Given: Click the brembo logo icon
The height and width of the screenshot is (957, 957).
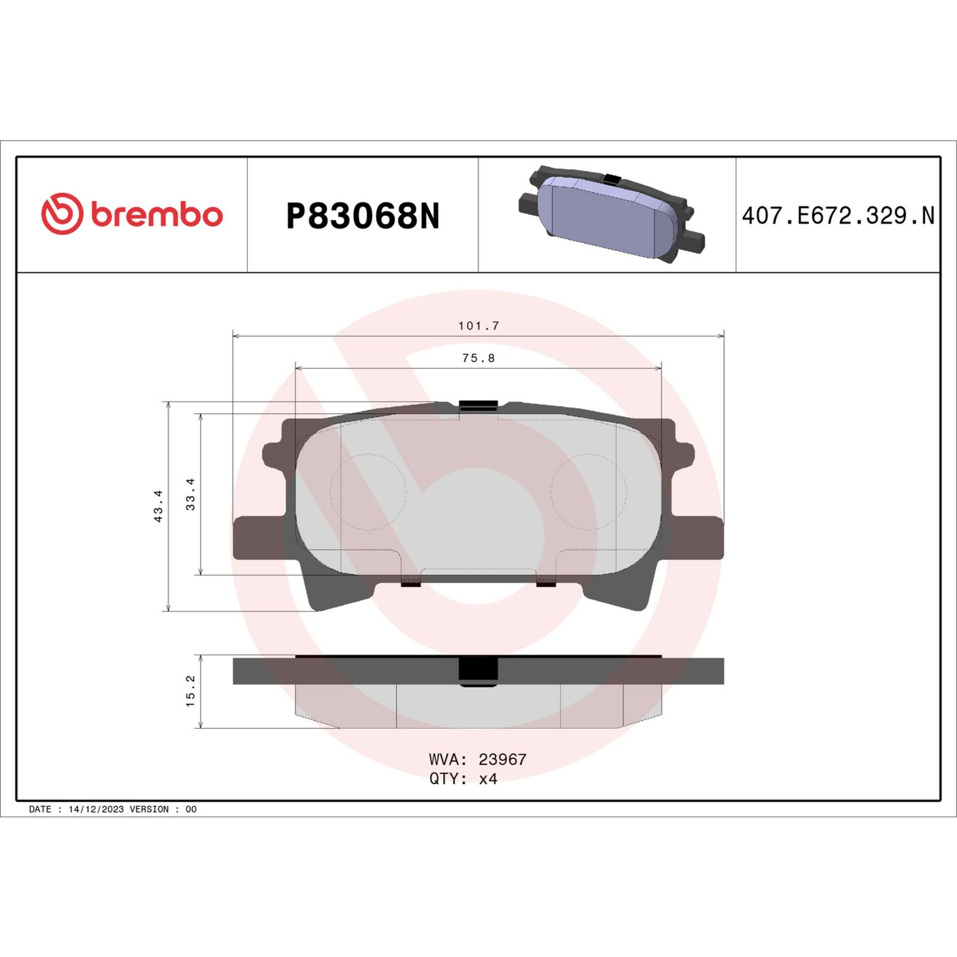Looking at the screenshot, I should point(62,214).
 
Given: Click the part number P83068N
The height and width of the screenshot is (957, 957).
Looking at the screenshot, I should point(362,216).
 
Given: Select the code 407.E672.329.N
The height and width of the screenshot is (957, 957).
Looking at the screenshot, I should point(837,216).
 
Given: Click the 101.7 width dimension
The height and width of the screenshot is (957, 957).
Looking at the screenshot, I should point(478,326).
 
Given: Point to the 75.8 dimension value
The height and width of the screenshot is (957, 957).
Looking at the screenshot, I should point(478,358).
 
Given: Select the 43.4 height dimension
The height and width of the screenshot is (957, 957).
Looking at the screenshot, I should point(159,506).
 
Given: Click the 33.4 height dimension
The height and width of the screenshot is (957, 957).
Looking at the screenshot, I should point(191,494).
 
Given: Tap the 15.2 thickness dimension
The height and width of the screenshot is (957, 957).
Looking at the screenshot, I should point(191,691).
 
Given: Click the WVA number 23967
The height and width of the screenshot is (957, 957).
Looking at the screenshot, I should point(502,759).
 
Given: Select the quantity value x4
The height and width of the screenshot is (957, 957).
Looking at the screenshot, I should point(488,779).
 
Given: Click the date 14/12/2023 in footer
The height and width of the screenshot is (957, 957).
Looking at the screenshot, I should point(96,809).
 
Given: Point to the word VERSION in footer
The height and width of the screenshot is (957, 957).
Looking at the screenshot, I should point(149,809).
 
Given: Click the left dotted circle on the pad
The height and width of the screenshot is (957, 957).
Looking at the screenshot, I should point(368,492).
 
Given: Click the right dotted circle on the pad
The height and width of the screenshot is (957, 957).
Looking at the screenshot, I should point(589,492).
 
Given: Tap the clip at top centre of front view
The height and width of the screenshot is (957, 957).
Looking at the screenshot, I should point(478,406).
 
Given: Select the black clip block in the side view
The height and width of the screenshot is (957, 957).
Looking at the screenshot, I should point(478,670).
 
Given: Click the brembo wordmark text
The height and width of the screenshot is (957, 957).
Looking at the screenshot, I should point(157,215).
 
